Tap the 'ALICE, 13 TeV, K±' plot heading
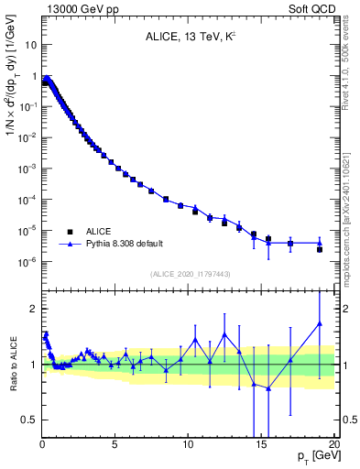tap(188, 38)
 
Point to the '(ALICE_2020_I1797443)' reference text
tap(188, 274)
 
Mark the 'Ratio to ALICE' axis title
tap(13, 364)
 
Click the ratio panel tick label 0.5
tap(29, 420)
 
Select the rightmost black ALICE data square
tap(320, 249)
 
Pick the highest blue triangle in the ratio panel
tap(320, 323)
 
